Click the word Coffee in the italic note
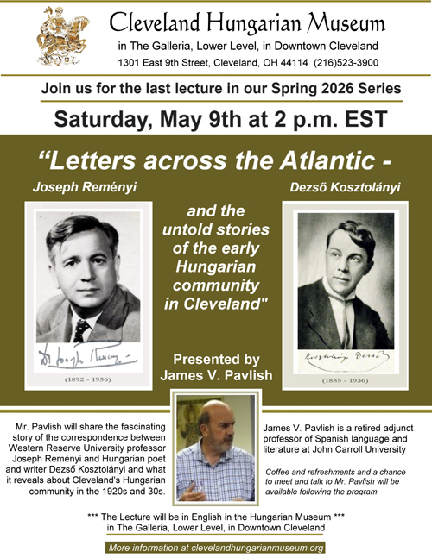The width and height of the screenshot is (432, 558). pos(283,471)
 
